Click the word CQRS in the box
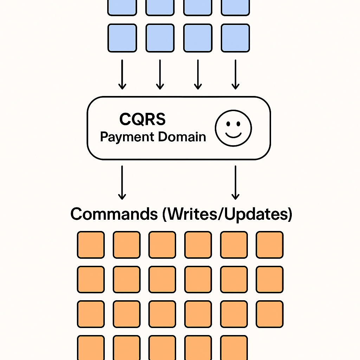[x=142, y=120]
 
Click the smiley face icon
[x=233, y=128]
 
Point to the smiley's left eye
[x=227, y=124]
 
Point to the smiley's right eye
[x=239, y=124]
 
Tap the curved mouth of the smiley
[x=233, y=135]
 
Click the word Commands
[x=114, y=214]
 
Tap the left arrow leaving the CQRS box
[x=122, y=182]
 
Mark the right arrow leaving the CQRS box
[x=236, y=182]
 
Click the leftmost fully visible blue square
[x=122, y=38]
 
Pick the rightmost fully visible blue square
[x=236, y=38]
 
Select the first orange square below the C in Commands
[x=91, y=245]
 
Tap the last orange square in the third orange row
[x=270, y=314]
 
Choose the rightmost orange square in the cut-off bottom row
[x=234, y=347]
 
